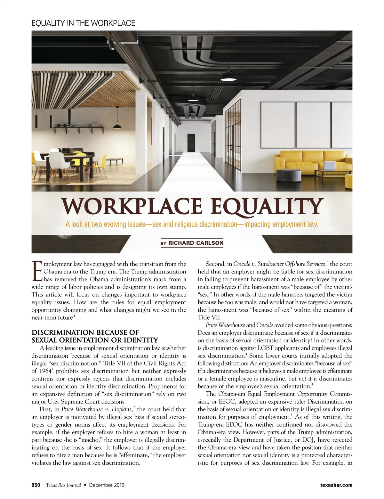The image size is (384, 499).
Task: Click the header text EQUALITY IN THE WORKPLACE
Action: pyautogui.click(x=83, y=23)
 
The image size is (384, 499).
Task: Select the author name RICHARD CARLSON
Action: pyautogui.click(x=196, y=243)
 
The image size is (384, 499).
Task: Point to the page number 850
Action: pyautogui.click(x=36, y=485)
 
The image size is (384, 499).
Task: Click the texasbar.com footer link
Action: pyautogui.click(x=336, y=485)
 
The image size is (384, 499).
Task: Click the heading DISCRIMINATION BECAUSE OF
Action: pyautogui.click(x=85, y=332)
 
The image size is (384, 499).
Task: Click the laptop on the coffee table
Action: pyautogui.click(x=330, y=166)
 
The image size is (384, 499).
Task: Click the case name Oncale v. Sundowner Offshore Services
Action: pyautogui.click(x=280, y=264)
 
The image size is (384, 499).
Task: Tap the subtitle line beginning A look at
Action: pyautogui.click(x=192, y=224)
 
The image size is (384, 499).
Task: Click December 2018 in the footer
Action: pyautogui.click(x=107, y=485)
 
